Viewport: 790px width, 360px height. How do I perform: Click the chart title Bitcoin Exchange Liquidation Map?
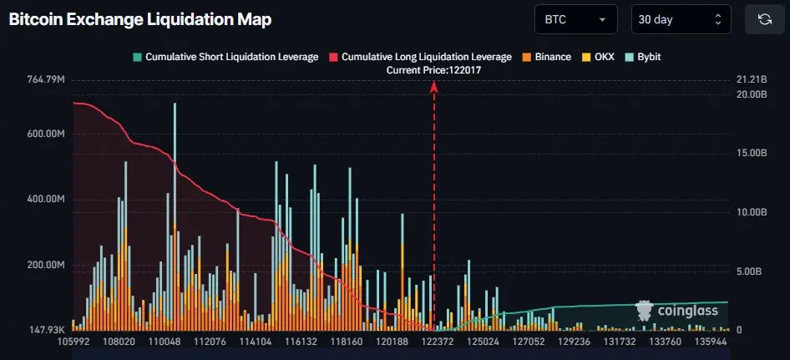tap(140, 19)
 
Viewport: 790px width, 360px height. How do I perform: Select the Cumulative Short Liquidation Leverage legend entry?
tap(225, 57)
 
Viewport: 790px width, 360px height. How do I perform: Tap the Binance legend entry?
tap(547, 57)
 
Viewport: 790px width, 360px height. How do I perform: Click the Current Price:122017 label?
tap(433, 70)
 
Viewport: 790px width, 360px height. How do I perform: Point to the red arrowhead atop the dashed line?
tap(434, 87)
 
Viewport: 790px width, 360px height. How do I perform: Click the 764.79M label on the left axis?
tap(46, 80)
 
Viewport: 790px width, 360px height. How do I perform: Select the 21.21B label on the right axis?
tap(751, 80)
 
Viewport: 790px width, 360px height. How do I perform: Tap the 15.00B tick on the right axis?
tap(751, 154)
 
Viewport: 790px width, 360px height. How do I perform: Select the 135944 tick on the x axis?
tap(710, 342)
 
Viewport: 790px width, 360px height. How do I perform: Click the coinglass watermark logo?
tap(677, 311)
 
